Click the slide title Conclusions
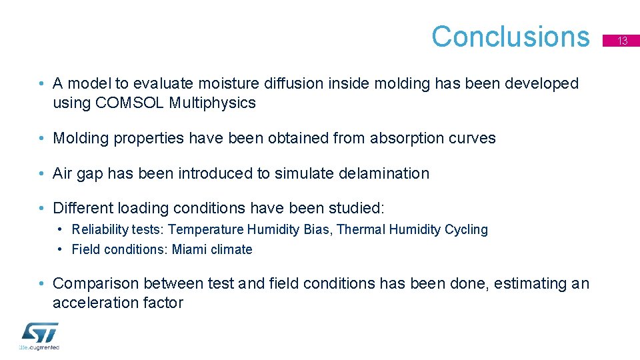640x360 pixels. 510,37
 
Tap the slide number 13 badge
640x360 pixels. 622,41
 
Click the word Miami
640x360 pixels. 189,250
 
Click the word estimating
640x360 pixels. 507,284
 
